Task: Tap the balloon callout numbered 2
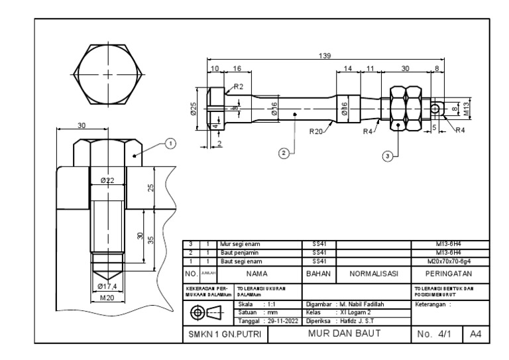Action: (x=284, y=153)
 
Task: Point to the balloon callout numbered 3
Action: (x=388, y=155)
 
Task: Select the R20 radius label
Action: (x=317, y=131)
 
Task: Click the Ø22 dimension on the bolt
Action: (x=107, y=181)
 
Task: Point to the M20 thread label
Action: (x=107, y=297)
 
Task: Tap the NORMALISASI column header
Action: (x=371, y=272)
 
